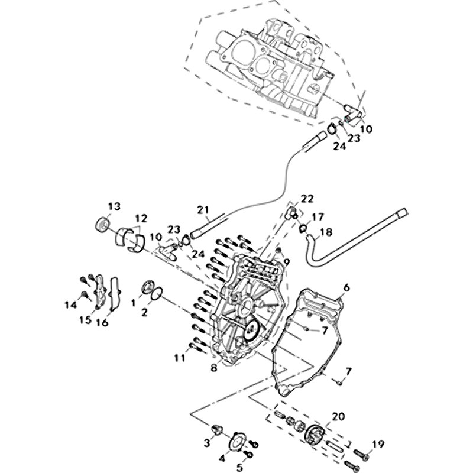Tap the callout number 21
pos(203,209)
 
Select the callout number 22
pos(307,198)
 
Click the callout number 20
pos(338,416)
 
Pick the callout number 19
pos(377,443)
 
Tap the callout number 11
pos(179,357)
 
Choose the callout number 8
pos(213,367)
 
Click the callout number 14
pos(71,305)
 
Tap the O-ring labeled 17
pos(302,228)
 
